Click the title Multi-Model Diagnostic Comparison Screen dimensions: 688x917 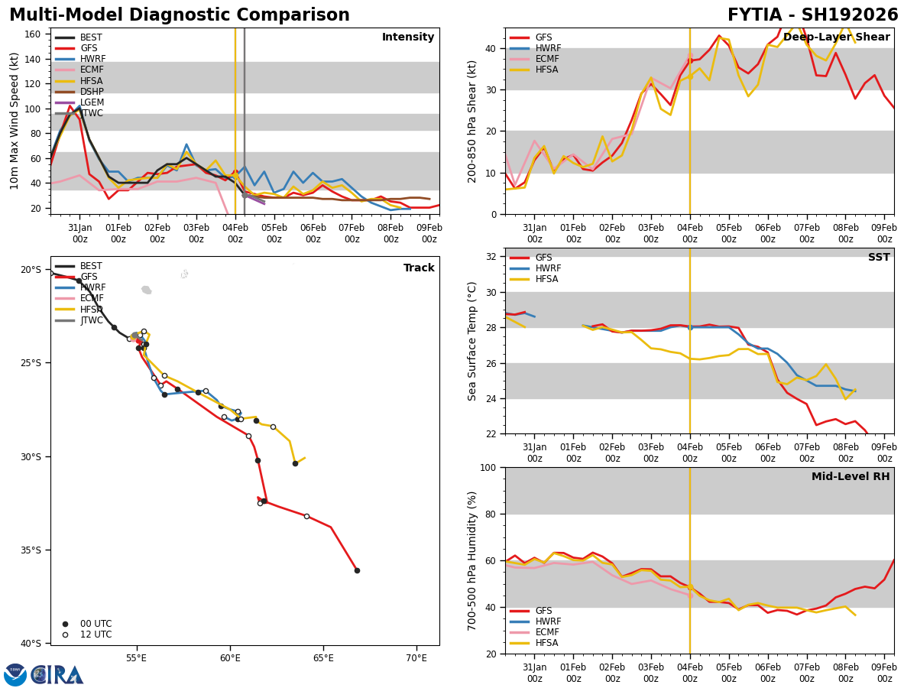pyautogui.click(x=180, y=15)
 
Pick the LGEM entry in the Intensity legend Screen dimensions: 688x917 pyautogui.click(x=92, y=102)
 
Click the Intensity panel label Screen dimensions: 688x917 pyautogui.click(x=408, y=37)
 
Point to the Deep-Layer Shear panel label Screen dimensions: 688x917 pyautogui.click(x=836, y=37)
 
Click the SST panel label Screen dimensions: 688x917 pyautogui.click(x=879, y=258)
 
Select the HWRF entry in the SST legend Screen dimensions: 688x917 pyautogui.click(x=548, y=268)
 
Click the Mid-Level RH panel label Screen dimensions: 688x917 pyautogui.click(x=851, y=477)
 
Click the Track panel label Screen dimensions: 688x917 pyautogui.click(x=419, y=268)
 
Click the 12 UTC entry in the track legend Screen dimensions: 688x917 pyautogui.click(x=96, y=634)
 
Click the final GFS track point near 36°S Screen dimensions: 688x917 pyautogui.click(x=357, y=570)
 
